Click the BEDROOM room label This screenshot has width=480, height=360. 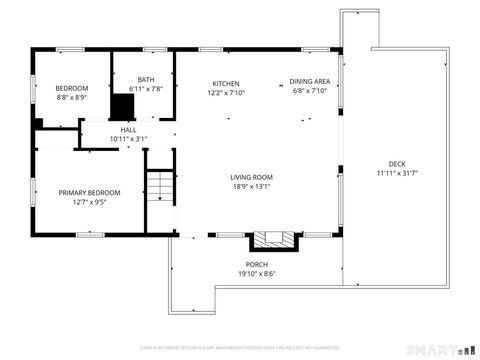click(x=71, y=88)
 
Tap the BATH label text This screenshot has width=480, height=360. click(x=146, y=80)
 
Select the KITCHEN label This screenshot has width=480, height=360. click(x=225, y=83)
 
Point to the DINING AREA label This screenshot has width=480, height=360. click(x=310, y=83)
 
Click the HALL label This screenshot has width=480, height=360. click(x=129, y=129)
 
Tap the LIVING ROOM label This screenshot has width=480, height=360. click(x=251, y=177)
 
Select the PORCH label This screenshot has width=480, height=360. click(x=257, y=264)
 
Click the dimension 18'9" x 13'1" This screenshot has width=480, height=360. click(x=251, y=186)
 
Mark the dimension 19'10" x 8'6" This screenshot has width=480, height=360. click(x=257, y=273)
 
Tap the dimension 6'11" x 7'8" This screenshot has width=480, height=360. click(x=146, y=89)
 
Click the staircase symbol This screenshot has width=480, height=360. click(x=161, y=185)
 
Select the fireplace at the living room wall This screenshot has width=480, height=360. click(x=273, y=240)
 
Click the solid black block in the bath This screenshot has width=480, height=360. click(x=123, y=106)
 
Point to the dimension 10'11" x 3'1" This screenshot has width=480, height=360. click(x=129, y=138)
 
